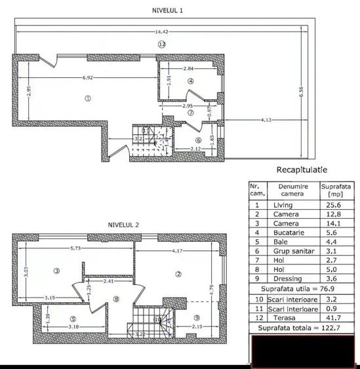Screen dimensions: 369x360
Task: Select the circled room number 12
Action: tap(161, 44)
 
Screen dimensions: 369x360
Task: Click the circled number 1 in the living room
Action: tap(86, 98)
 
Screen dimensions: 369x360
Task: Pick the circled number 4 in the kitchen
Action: tap(190, 81)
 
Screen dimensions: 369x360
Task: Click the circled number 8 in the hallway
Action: tap(116, 300)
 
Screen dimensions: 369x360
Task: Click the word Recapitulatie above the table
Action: tap(302, 170)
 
